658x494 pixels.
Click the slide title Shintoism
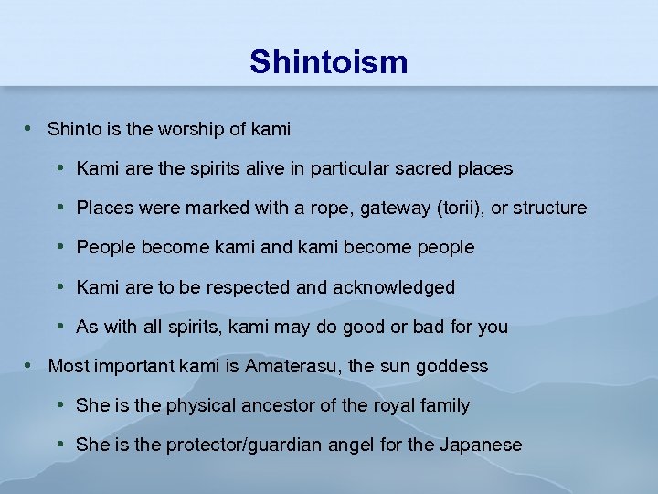click(x=328, y=62)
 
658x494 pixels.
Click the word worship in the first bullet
click(x=193, y=130)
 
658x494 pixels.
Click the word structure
click(x=550, y=209)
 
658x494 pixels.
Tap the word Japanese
click(x=481, y=445)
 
